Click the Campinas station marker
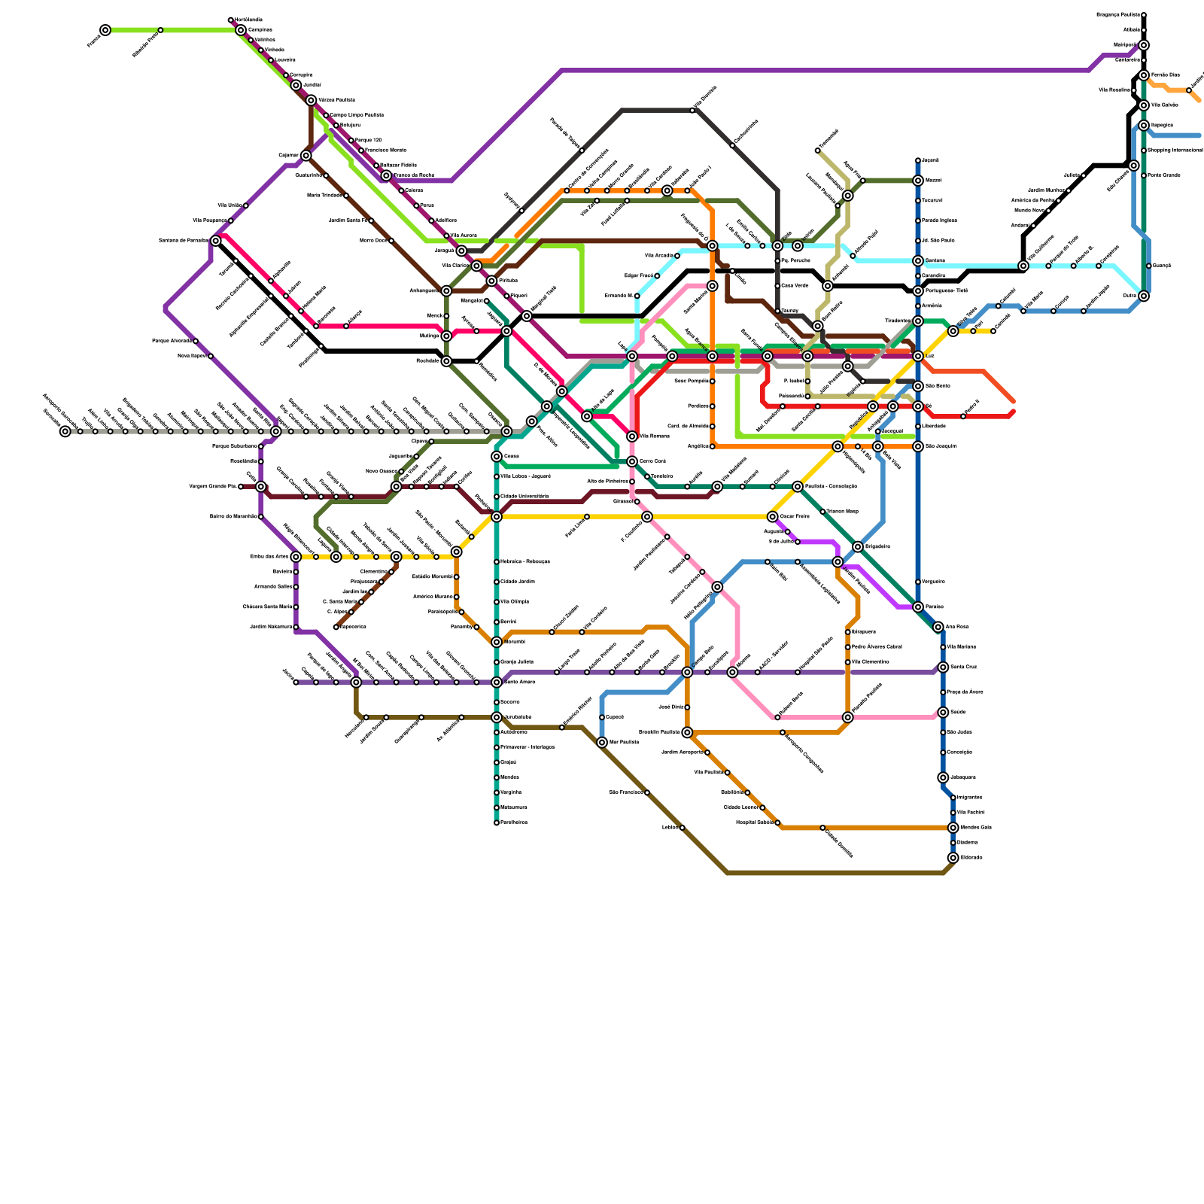coord(241,30)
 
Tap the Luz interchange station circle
coord(918,356)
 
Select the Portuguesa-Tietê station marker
coord(918,291)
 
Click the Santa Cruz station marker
coord(943,667)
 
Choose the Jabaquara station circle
coord(943,777)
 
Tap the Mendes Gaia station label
coord(976,828)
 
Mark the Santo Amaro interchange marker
coord(497,683)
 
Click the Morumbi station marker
coord(497,642)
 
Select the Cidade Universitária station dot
coord(497,497)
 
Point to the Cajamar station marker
coord(306,156)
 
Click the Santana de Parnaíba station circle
coord(216,241)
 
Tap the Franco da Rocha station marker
coord(386,175)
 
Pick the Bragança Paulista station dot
coord(1144,15)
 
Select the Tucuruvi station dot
coord(918,201)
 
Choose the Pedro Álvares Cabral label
coord(877,647)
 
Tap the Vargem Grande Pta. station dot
coord(241,487)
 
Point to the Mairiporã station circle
coord(1144,45)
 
